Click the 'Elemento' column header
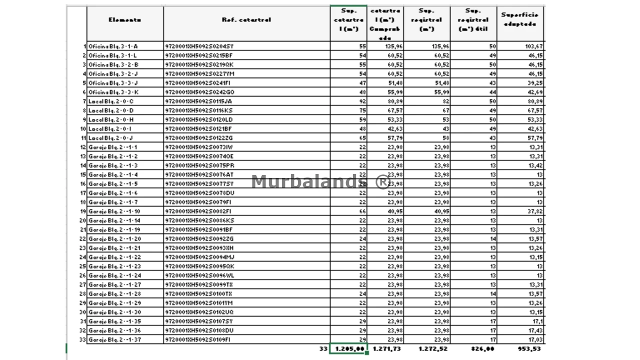pyautogui.click(x=124, y=20)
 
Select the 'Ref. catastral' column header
pyautogui.click(x=246, y=20)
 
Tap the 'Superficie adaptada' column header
pyautogui.click(x=520, y=19)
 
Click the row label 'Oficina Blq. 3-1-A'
pyautogui.click(x=113, y=46)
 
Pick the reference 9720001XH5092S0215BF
pyautogui.click(x=198, y=55)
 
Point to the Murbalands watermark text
pyautogui.click(x=320, y=181)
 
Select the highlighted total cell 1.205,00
pyautogui.click(x=348, y=349)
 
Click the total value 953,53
pyautogui.click(x=529, y=349)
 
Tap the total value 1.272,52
pyautogui.click(x=433, y=349)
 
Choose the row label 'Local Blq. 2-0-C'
pyautogui.click(x=111, y=101)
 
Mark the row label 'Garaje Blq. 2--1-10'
pyautogui.click(x=114, y=211)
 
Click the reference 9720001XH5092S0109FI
pyautogui.click(x=198, y=340)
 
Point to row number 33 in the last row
pyautogui.click(x=83, y=340)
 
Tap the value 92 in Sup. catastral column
pyautogui.click(x=362, y=101)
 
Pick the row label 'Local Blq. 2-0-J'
pyautogui.click(x=110, y=138)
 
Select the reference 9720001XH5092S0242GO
pyautogui.click(x=199, y=92)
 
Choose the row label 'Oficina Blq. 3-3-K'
pyautogui.click(x=113, y=92)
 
